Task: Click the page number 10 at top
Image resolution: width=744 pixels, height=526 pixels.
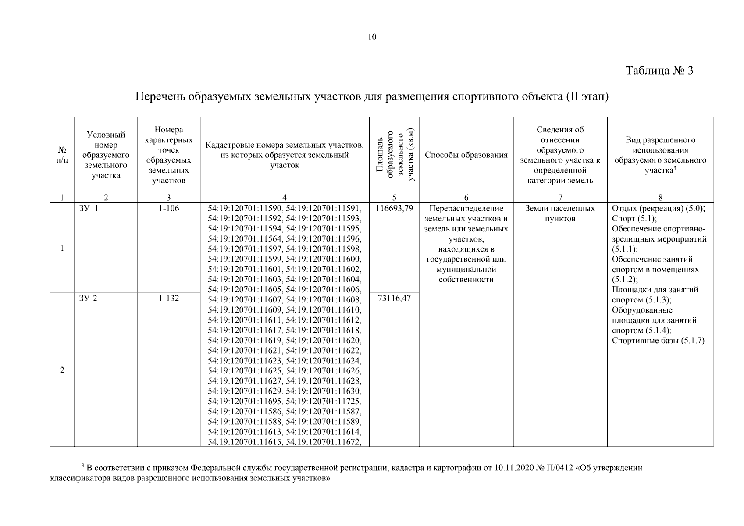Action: tap(372, 37)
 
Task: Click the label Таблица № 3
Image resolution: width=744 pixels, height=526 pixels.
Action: tap(659, 71)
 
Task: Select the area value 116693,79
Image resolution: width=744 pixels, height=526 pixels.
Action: tap(394, 209)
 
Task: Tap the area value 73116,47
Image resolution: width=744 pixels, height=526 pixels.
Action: tap(394, 299)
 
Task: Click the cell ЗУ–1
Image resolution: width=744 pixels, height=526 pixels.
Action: tap(89, 209)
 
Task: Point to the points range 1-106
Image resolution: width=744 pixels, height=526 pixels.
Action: tap(169, 209)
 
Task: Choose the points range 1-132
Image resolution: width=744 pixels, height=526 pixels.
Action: tap(169, 299)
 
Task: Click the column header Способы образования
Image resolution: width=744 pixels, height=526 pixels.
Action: tap(466, 155)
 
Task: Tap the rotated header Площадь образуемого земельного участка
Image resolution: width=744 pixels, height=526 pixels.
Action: tap(394, 155)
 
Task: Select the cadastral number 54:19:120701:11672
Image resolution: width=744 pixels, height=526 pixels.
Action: tap(324, 442)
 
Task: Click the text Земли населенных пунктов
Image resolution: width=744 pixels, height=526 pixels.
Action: tap(560, 213)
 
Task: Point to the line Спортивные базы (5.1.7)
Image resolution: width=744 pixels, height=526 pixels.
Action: tap(658, 341)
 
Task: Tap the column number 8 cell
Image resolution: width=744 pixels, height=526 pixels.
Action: tap(660, 198)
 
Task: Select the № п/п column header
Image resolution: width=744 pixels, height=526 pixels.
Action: tap(62, 155)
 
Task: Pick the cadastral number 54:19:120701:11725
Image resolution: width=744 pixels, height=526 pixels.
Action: tap(324, 401)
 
